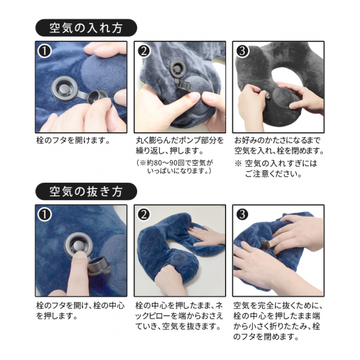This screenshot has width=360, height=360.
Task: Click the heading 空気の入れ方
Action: click(86, 28)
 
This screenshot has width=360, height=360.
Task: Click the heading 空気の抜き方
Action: click(86, 191)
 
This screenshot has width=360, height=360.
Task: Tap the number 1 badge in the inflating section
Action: click(44, 51)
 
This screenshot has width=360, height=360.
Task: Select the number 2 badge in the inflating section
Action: click(144, 51)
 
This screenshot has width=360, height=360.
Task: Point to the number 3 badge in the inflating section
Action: click(242, 51)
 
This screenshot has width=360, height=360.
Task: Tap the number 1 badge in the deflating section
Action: click(44, 215)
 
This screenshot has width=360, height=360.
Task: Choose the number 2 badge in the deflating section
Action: click(144, 215)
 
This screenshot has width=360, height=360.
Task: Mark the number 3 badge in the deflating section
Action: click(242, 215)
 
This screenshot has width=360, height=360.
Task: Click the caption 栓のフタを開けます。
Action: click(73, 140)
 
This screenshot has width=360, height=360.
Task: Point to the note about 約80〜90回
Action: click(175, 166)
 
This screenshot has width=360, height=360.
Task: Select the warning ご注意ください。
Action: click(273, 174)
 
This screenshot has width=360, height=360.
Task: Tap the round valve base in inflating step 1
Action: click(63, 88)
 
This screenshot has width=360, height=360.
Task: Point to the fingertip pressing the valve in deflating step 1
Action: click(80, 255)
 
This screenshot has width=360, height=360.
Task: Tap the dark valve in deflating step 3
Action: click(266, 245)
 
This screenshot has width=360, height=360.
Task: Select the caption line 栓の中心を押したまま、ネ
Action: click(179, 305)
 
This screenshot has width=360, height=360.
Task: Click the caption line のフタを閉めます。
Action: click(266, 337)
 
